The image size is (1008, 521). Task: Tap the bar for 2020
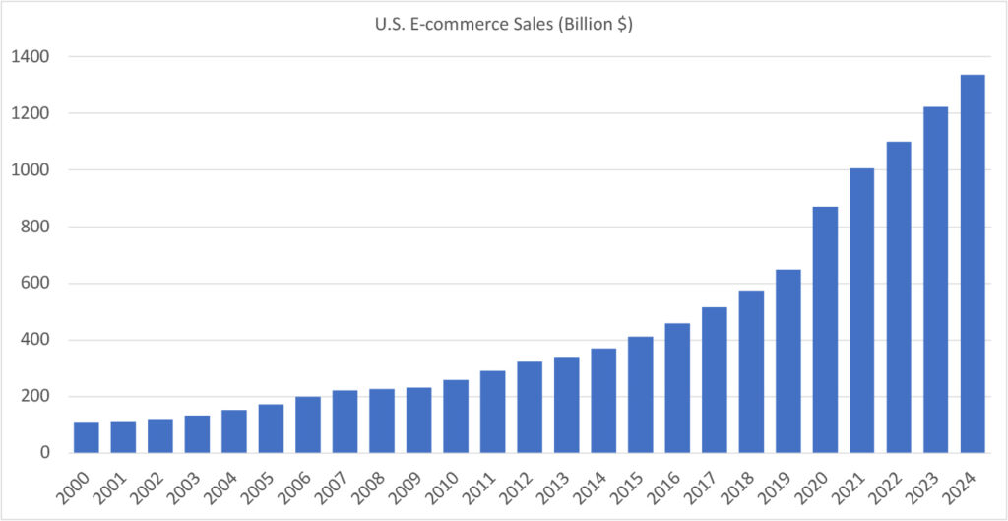tap(824, 330)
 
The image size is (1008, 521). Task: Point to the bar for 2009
tap(418, 420)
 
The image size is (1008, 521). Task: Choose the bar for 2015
tap(640, 395)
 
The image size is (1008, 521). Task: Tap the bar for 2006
tap(308, 424)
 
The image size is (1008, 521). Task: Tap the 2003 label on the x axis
tap(194, 484)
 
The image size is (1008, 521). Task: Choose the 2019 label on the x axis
tap(785, 484)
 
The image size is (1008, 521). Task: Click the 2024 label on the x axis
tap(969, 484)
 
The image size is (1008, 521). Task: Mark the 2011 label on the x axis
tap(489, 484)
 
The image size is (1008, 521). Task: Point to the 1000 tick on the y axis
tap(32, 170)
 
